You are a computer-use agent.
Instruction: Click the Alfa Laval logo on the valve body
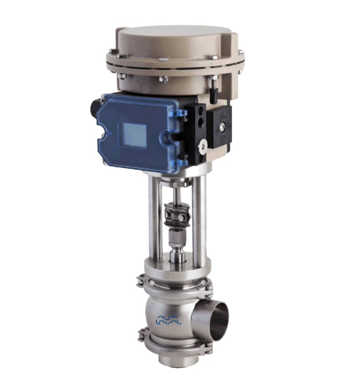[169, 320]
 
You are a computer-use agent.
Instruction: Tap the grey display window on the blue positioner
[134, 135]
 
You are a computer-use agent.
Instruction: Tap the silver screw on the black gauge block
[223, 126]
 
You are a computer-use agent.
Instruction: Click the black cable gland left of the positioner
[95, 107]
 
